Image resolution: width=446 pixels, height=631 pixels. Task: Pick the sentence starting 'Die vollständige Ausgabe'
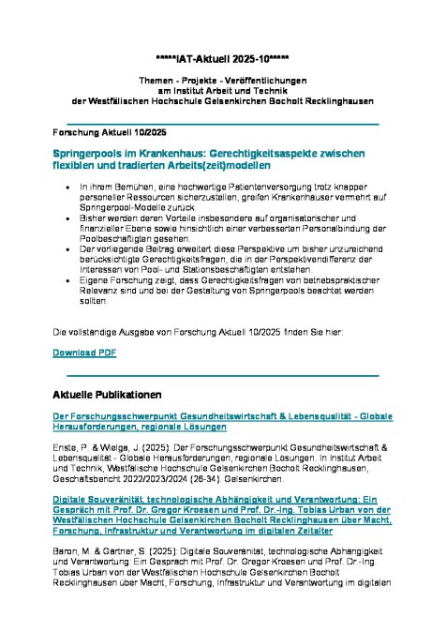216,332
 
